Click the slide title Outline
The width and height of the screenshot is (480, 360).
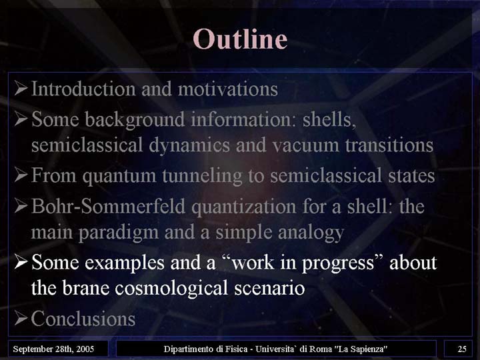240,39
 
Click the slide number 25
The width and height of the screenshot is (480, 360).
462,349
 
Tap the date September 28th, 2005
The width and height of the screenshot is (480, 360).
53,349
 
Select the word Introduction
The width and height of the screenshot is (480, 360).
83,89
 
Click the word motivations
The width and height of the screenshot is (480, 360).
228,89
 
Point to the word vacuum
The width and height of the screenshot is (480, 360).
305,145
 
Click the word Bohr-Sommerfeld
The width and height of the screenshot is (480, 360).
109,206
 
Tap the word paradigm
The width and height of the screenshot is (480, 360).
119,233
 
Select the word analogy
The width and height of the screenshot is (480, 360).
311,233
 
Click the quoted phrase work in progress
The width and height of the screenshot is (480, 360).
302,263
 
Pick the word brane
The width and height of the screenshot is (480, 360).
86,288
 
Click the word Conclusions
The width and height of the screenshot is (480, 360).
83,319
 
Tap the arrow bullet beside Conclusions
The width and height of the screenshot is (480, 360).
21,319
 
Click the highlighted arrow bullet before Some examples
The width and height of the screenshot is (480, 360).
21,263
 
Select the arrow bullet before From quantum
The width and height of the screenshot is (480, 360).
21,175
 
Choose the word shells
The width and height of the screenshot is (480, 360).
329,119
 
